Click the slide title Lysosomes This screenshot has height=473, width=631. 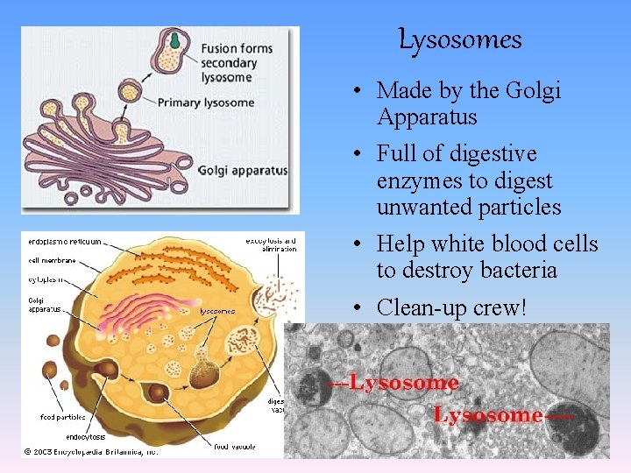pos(460,39)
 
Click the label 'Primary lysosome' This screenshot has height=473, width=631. pos(206,102)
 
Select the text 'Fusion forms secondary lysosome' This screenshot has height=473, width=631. pos(237,63)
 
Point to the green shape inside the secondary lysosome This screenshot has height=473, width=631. pos(176,39)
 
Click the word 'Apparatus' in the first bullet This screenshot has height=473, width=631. pos(427,117)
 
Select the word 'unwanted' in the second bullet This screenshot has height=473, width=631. pos(417,208)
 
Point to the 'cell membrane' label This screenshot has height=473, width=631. pos(50,260)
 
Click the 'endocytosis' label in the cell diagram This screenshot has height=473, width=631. pos(86,436)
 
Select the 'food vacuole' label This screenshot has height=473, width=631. pos(234,447)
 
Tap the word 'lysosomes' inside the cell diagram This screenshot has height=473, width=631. pos(216,311)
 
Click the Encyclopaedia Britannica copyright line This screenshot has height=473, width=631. pos(90,452)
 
